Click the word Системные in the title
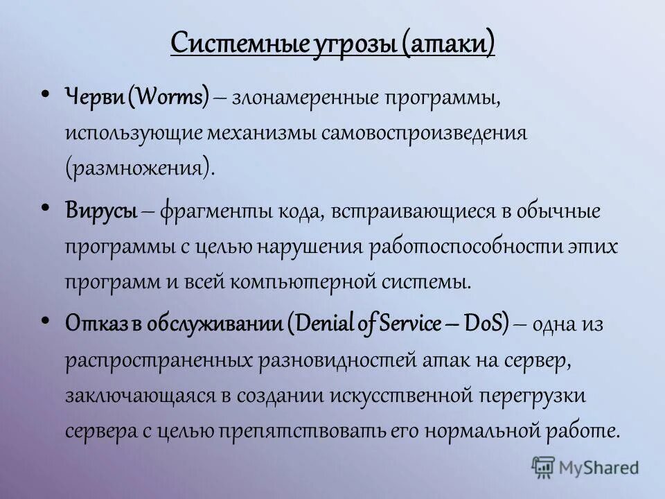point(223,44)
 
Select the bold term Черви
point(94,97)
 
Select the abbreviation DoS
point(484,322)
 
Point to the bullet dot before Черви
point(45,94)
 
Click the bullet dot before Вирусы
point(45,207)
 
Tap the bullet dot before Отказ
point(45,319)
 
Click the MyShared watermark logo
point(586,467)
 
